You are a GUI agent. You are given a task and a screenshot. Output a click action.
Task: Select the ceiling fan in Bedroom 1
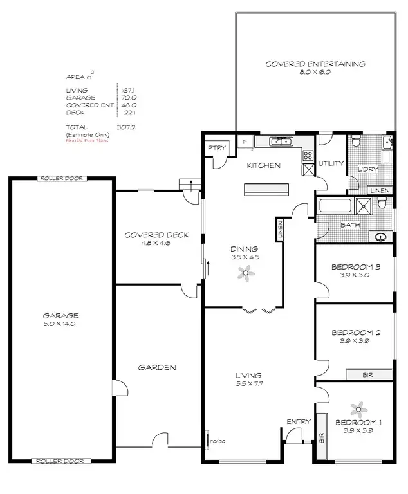click(358, 408)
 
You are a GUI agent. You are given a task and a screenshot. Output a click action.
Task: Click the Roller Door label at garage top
click(61, 178)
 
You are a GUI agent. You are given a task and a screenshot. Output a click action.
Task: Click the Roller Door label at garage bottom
click(61, 461)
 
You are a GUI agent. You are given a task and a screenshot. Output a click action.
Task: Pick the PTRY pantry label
click(214, 149)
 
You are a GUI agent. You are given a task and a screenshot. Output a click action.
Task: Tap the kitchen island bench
click(266, 189)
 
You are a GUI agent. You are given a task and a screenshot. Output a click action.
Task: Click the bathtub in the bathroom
click(334, 207)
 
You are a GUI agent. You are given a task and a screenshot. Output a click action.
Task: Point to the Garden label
click(157, 367)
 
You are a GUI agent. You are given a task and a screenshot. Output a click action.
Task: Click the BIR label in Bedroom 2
click(368, 374)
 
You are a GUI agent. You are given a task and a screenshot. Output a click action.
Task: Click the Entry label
click(299, 421)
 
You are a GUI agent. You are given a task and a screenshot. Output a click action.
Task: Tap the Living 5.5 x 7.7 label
click(248, 379)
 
